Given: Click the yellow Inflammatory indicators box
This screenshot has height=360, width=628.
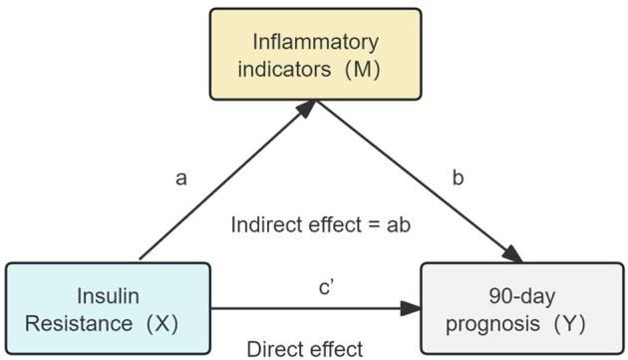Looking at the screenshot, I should pyautogui.click(x=315, y=54).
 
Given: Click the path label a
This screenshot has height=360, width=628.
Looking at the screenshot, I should pyautogui.click(x=180, y=178).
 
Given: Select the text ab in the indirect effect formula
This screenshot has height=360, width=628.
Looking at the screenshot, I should pyautogui.click(x=399, y=224).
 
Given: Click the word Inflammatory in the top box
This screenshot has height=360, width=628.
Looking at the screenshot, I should pyautogui.click(x=315, y=42).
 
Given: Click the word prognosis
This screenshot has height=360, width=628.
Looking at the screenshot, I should pyautogui.click(x=493, y=322).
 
